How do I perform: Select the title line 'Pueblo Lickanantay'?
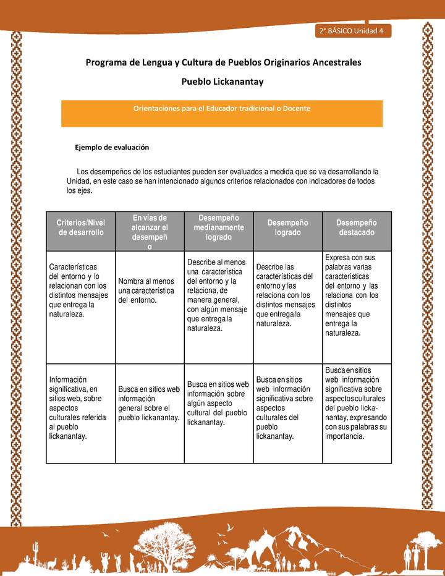[x=222, y=81]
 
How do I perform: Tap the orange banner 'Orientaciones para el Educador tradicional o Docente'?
[x=222, y=108]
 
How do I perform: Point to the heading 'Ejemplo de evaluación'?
[x=112, y=148]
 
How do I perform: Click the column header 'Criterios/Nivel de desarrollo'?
[x=80, y=227]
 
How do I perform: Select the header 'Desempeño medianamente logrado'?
[x=218, y=227]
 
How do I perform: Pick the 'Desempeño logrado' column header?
[x=288, y=227]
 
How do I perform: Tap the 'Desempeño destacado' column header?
[x=357, y=227]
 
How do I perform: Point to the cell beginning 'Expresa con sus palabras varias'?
[x=357, y=295]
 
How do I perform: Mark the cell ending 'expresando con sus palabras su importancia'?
[x=357, y=404]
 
